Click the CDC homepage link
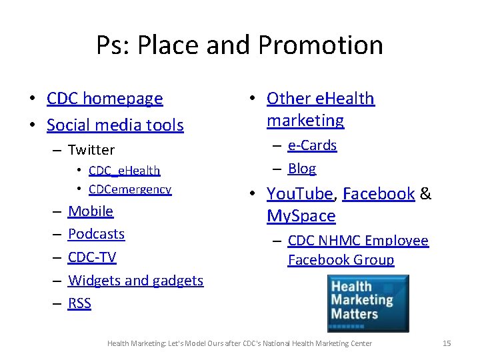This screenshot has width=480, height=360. pyautogui.click(x=105, y=99)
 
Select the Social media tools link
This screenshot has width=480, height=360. pyautogui.click(x=115, y=125)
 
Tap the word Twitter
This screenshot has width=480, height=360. pyautogui.click(x=91, y=150)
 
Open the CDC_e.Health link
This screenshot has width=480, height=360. pyautogui.click(x=124, y=171)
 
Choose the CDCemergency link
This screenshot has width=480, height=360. pyautogui.click(x=129, y=189)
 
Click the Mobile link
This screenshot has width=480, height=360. pyautogui.click(x=91, y=211)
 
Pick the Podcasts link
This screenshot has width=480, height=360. pyautogui.click(x=96, y=234)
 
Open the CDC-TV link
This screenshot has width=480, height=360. pyautogui.click(x=92, y=257)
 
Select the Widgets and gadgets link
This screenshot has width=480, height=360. pyautogui.click(x=135, y=281)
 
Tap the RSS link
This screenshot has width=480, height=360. pyautogui.click(x=79, y=303)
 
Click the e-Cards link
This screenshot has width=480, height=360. pyautogui.click(x=312, y=145)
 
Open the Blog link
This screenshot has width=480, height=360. pyautogui.click(x=302, y=168)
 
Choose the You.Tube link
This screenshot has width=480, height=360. pyautogui.click(x=299, y=194)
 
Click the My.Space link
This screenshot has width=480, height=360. pyautogui.click(x=301, y=216)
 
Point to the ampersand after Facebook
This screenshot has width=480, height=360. pyautogui.click(x=426, y=194)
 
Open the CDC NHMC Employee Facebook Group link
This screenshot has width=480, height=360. pyautogui.click(x=357, y=250)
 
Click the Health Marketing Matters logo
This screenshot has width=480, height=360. pyautogui.click(x=367, y=303)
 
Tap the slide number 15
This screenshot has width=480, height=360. pyautogui.click(x=447, y=343)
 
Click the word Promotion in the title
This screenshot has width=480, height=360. pyautogui.click(x=320, y=45)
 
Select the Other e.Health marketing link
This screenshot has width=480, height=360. pyautogui.click(x=320, y=109)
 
